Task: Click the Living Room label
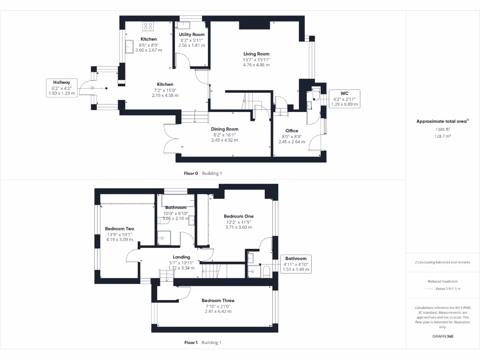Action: click(x=256, y=54)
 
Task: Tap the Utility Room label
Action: click(x=192, y=35)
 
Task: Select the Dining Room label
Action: click(x=225, y=129)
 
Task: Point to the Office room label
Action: click(x=292, y=131)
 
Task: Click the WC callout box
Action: click(x=344, y=98)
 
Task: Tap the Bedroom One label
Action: click(x=239, y=216)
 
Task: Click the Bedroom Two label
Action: click(x=120, y=229)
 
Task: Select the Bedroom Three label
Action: click(x=218, y=300)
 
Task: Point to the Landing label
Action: click(x=181, y=257)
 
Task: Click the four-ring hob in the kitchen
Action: click(x=149, y=26)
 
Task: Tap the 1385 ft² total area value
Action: click(x=442, y=129)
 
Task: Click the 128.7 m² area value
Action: click(x=442, y=136)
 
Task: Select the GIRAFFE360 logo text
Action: click(x=442, y=336)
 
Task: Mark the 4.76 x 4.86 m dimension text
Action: click(x=256, y=65)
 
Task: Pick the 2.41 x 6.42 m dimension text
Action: click(x=218, y=311)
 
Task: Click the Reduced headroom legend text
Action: click(x=442, y=281)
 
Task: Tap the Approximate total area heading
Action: click(x=442, y=121)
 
